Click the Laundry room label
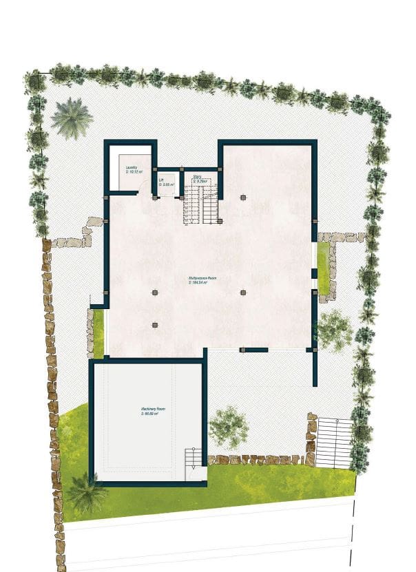click(x=132, y=167)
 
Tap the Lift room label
click(x=161, y=180)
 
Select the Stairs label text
click(x=197, y=176)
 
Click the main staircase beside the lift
click(x=200, y=205)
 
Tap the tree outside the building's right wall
click(x=333, y=328)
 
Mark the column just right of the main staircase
click(x=243, y=198)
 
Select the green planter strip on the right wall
click(x=322, y=267)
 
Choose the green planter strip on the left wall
click(x=98, y=334)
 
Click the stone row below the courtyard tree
click(x=255, y=459)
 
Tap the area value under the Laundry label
click(x=133, y=172)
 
